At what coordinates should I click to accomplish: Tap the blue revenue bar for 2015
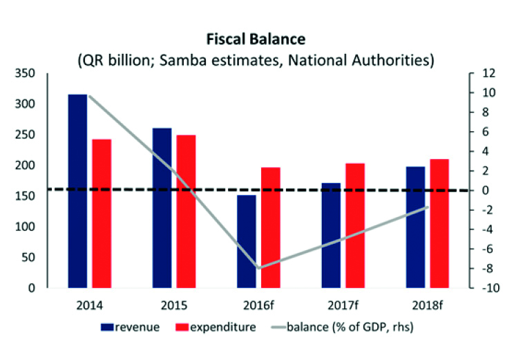tap(162, 207)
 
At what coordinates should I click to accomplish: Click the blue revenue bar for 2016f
tap(247, 241)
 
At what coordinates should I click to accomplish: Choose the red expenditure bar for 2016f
tap(271, 227)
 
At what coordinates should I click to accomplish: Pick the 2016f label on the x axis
tap(258, 303)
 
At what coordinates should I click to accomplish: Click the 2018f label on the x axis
tap(427, 303)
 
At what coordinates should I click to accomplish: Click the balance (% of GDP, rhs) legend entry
tap(352, 326)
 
